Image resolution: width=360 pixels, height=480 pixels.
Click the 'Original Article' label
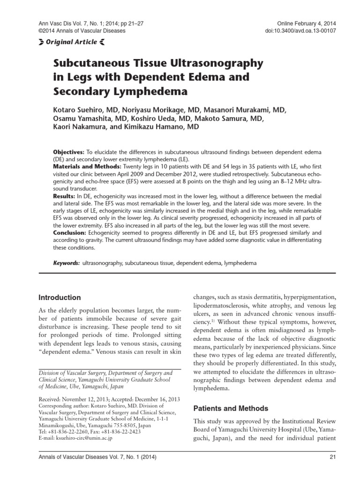pyautogui.click(x=71, y=42)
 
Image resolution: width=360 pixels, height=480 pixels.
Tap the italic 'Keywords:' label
pyautogui.click(x=66, y=264)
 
